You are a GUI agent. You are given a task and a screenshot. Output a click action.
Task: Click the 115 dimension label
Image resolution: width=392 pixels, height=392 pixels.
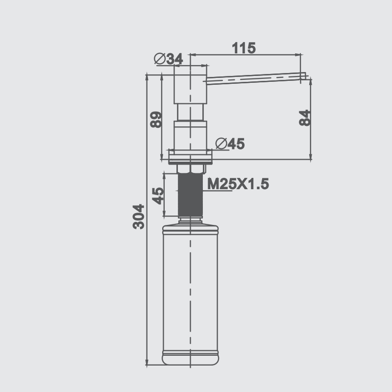(x=244, y=48)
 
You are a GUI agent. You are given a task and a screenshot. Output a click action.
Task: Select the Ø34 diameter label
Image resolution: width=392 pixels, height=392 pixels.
(x=168, y=59)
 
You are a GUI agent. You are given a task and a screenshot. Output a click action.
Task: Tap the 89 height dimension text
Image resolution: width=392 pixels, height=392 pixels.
(x=156, y=120)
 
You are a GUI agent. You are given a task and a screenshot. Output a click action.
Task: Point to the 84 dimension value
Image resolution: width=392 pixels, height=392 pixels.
(x=305, y=118)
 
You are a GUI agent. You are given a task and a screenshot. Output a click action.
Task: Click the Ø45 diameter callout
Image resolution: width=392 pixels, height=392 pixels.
(x=230, y=144)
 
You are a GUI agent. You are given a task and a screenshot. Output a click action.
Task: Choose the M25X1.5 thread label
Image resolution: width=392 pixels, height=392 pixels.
(x=238, y=184)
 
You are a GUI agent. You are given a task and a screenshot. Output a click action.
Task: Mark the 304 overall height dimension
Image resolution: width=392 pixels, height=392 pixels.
(x=139, y=216)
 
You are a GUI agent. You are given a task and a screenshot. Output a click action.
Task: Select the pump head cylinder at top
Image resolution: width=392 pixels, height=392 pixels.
(x=190, y=88)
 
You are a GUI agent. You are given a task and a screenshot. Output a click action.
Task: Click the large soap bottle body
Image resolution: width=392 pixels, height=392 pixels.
(x=190, y=289)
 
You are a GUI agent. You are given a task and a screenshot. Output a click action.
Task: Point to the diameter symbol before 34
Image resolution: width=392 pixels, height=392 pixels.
(x=159, y=59)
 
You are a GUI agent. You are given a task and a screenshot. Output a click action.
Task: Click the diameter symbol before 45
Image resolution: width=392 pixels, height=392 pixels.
(x=220, y=144)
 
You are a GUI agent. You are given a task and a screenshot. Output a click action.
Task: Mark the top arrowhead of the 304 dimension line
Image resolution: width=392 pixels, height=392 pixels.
(x=147, y=76)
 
